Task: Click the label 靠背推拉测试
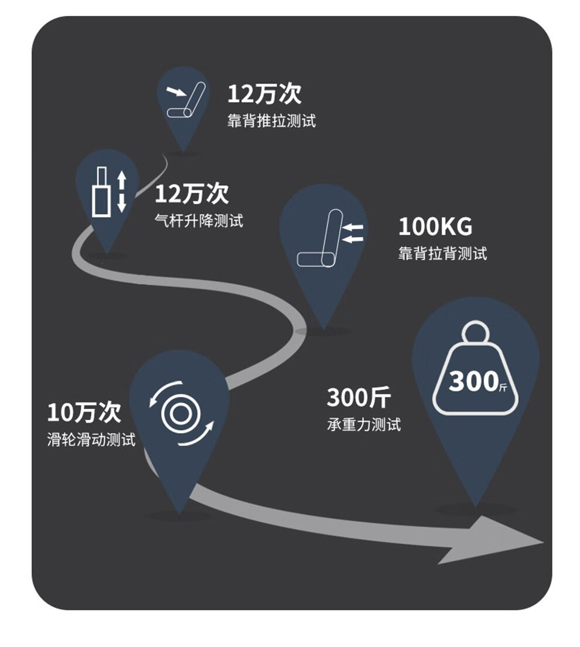click(x=271, y=121)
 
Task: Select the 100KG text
click(x=435, y=226)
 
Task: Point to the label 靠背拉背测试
click(x=442, y=253)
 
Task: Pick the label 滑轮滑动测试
click(x=91, y=439)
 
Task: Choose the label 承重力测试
click(x=364, y=424)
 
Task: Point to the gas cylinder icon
click(x=101, y=192)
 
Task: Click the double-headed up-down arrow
click(x=122, y=192)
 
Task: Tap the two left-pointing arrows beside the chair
click(x=353, y=232)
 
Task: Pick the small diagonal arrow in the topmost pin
click(x=175, y=92)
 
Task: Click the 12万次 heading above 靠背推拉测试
click(x=264, y=94)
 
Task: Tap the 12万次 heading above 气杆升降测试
click(x=192, y=193)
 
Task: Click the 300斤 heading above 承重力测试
click(x=358, y=398)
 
